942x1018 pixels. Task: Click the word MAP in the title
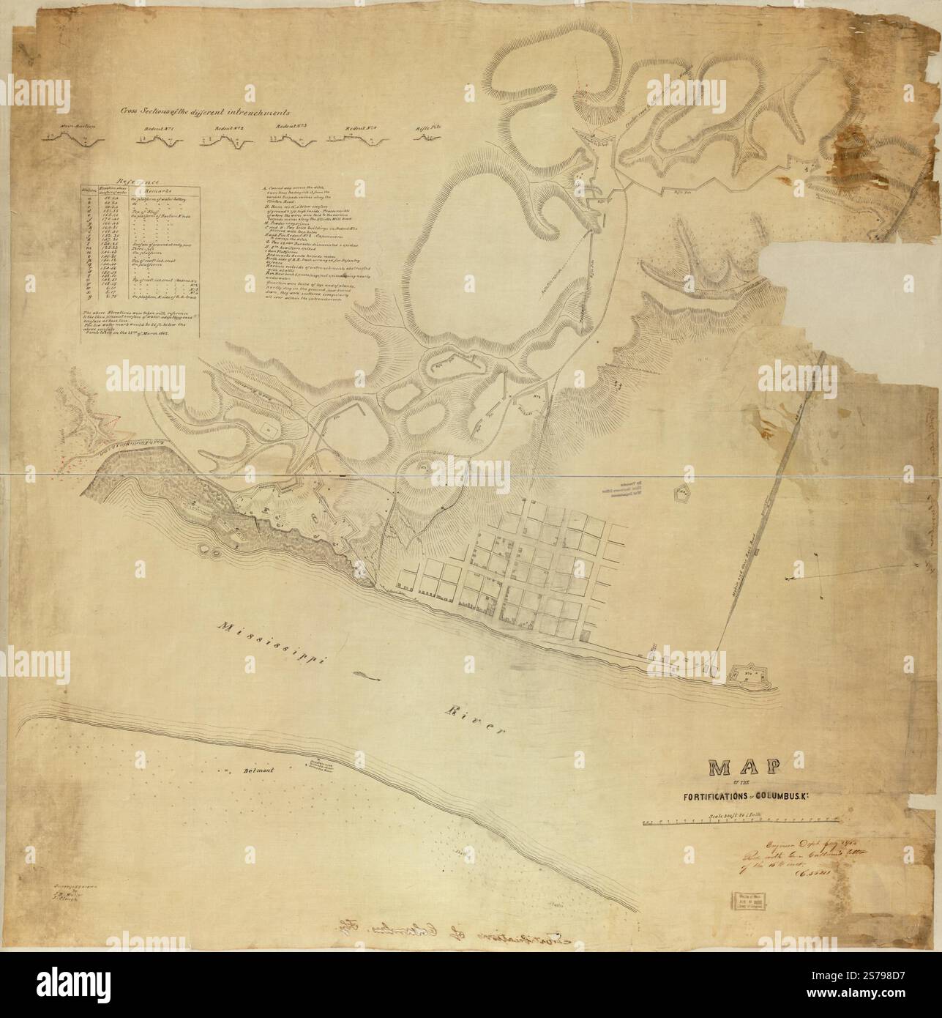click(x=743, y=768)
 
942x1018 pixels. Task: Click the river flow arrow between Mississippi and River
click(x=367, y=677)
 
